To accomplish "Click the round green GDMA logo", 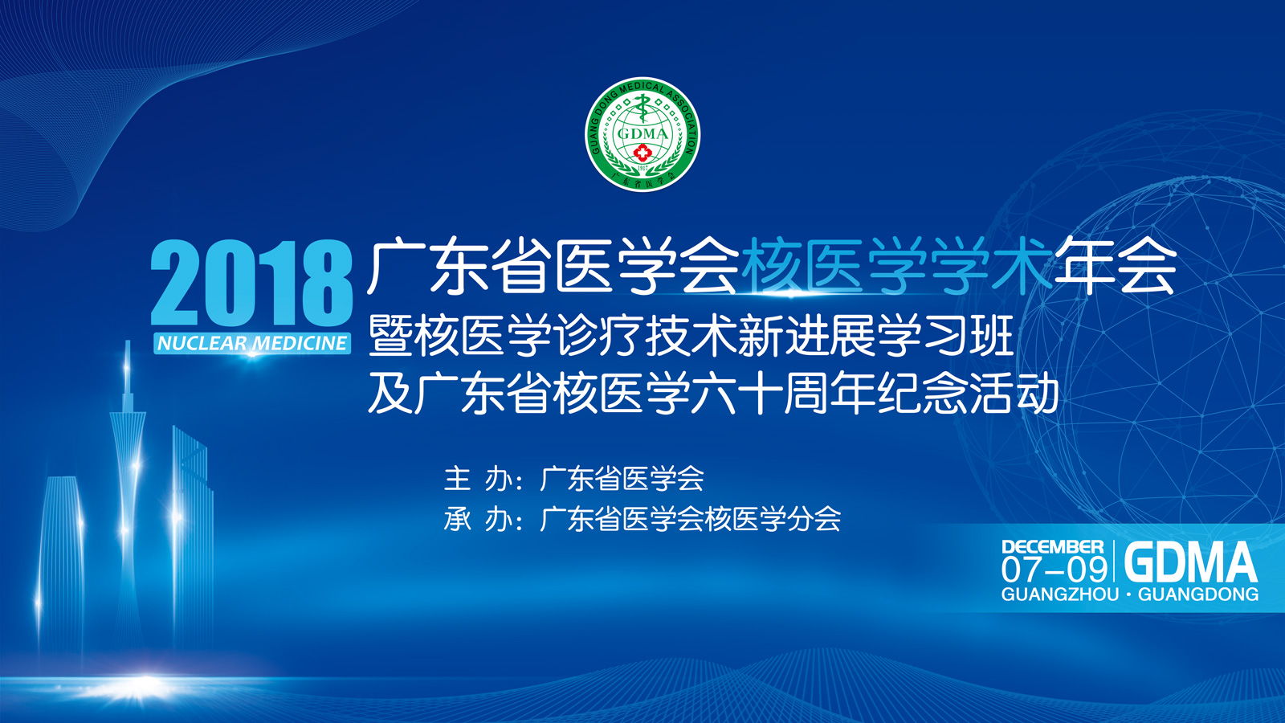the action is click(x=642, y=133).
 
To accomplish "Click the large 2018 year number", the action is click(x=251, y=284).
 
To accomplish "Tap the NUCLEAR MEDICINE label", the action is click(x=252, y=343).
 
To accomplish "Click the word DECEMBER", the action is click(x=1053, y=547).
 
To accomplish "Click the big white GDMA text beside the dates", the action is click(x=1190, y=562).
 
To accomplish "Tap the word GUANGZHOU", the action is click(x=1060, y=594).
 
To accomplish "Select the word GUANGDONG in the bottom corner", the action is click(x=1197, y=594).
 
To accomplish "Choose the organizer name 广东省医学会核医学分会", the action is click(x=690, y=519).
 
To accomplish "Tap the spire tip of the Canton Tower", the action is click(x=128, y=342).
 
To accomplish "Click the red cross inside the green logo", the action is click(x=642, y=153).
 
